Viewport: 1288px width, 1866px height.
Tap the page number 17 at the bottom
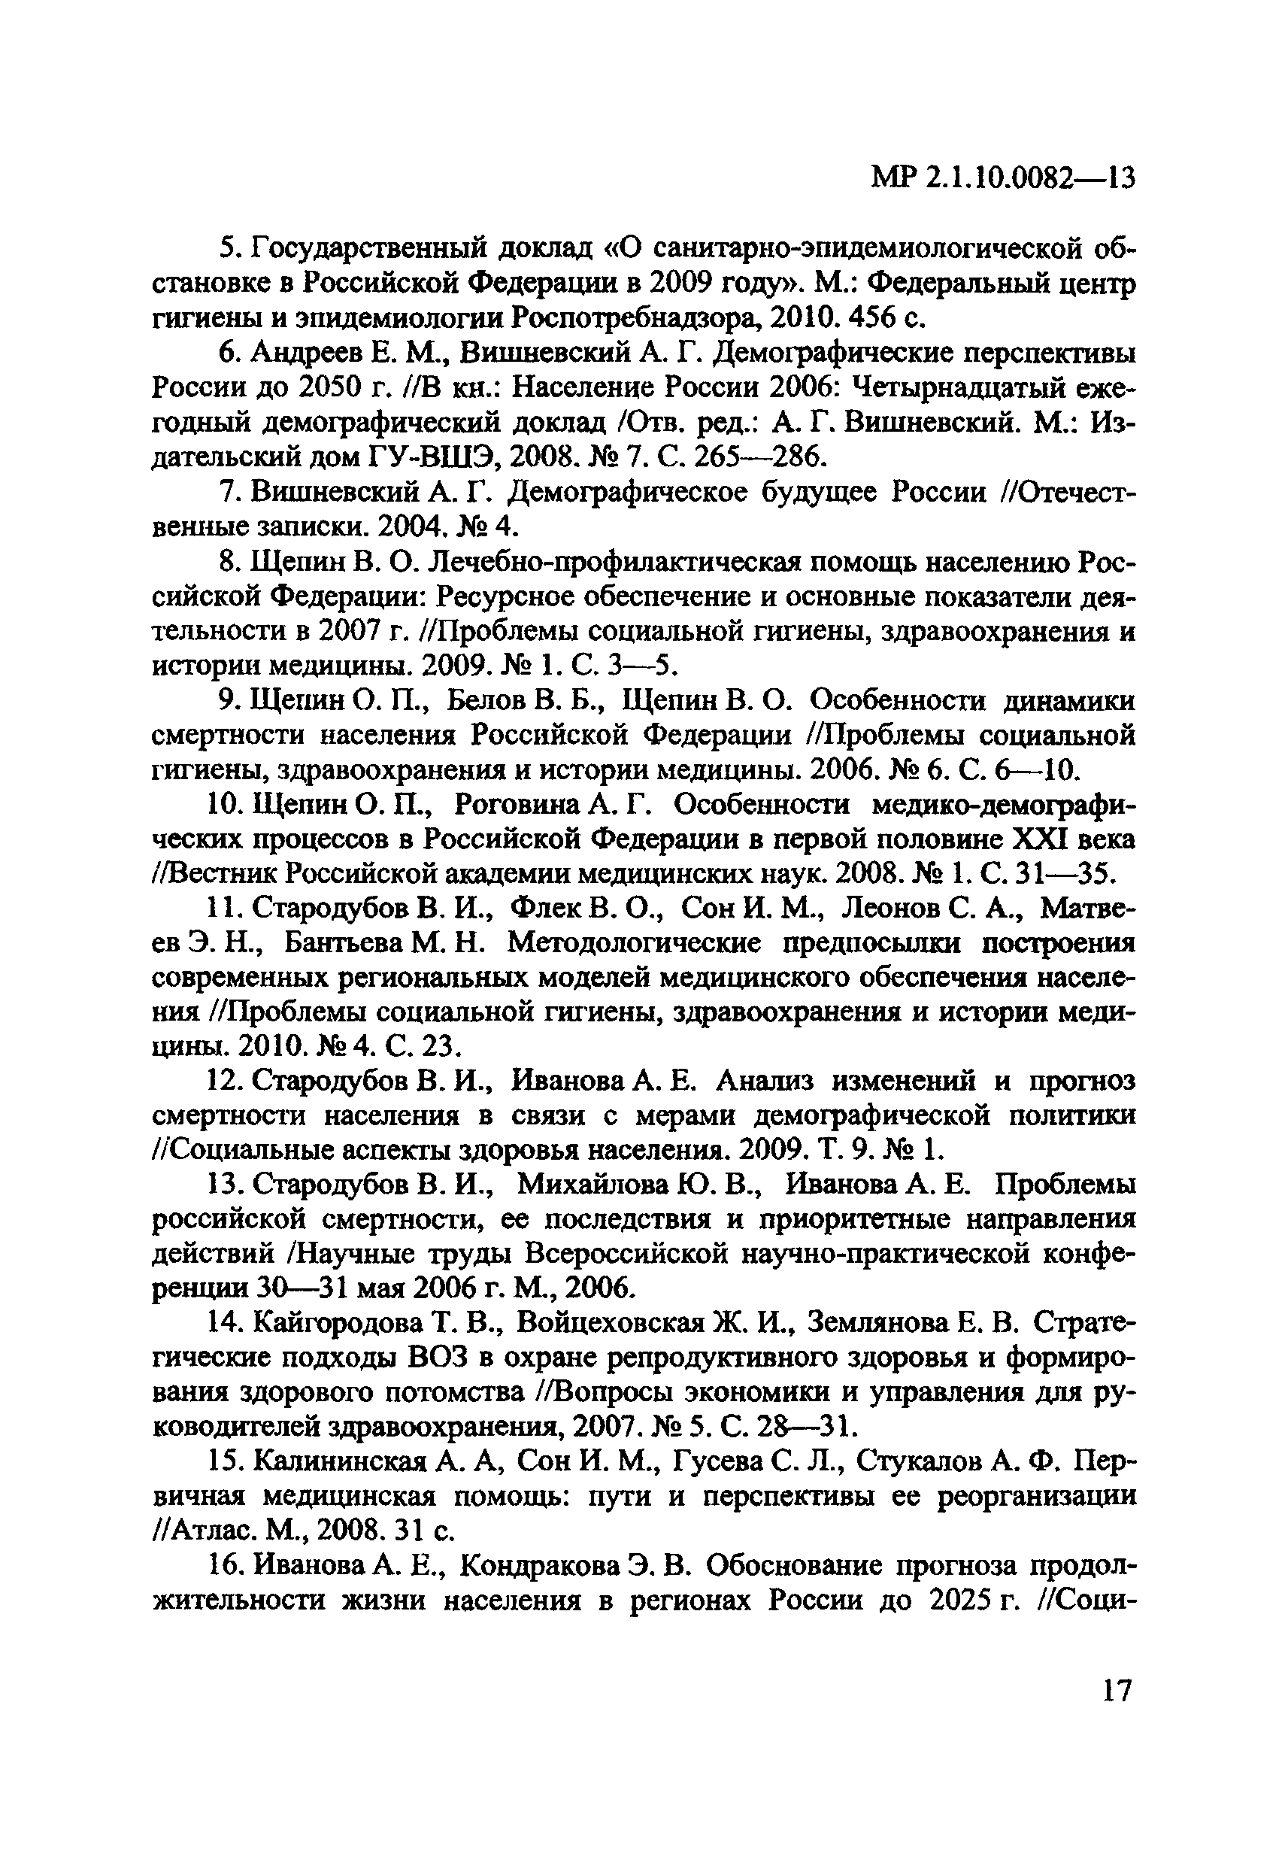[1117, 1690]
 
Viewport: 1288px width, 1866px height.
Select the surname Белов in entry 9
[486, 699]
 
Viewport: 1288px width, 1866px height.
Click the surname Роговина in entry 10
[520, 805]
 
